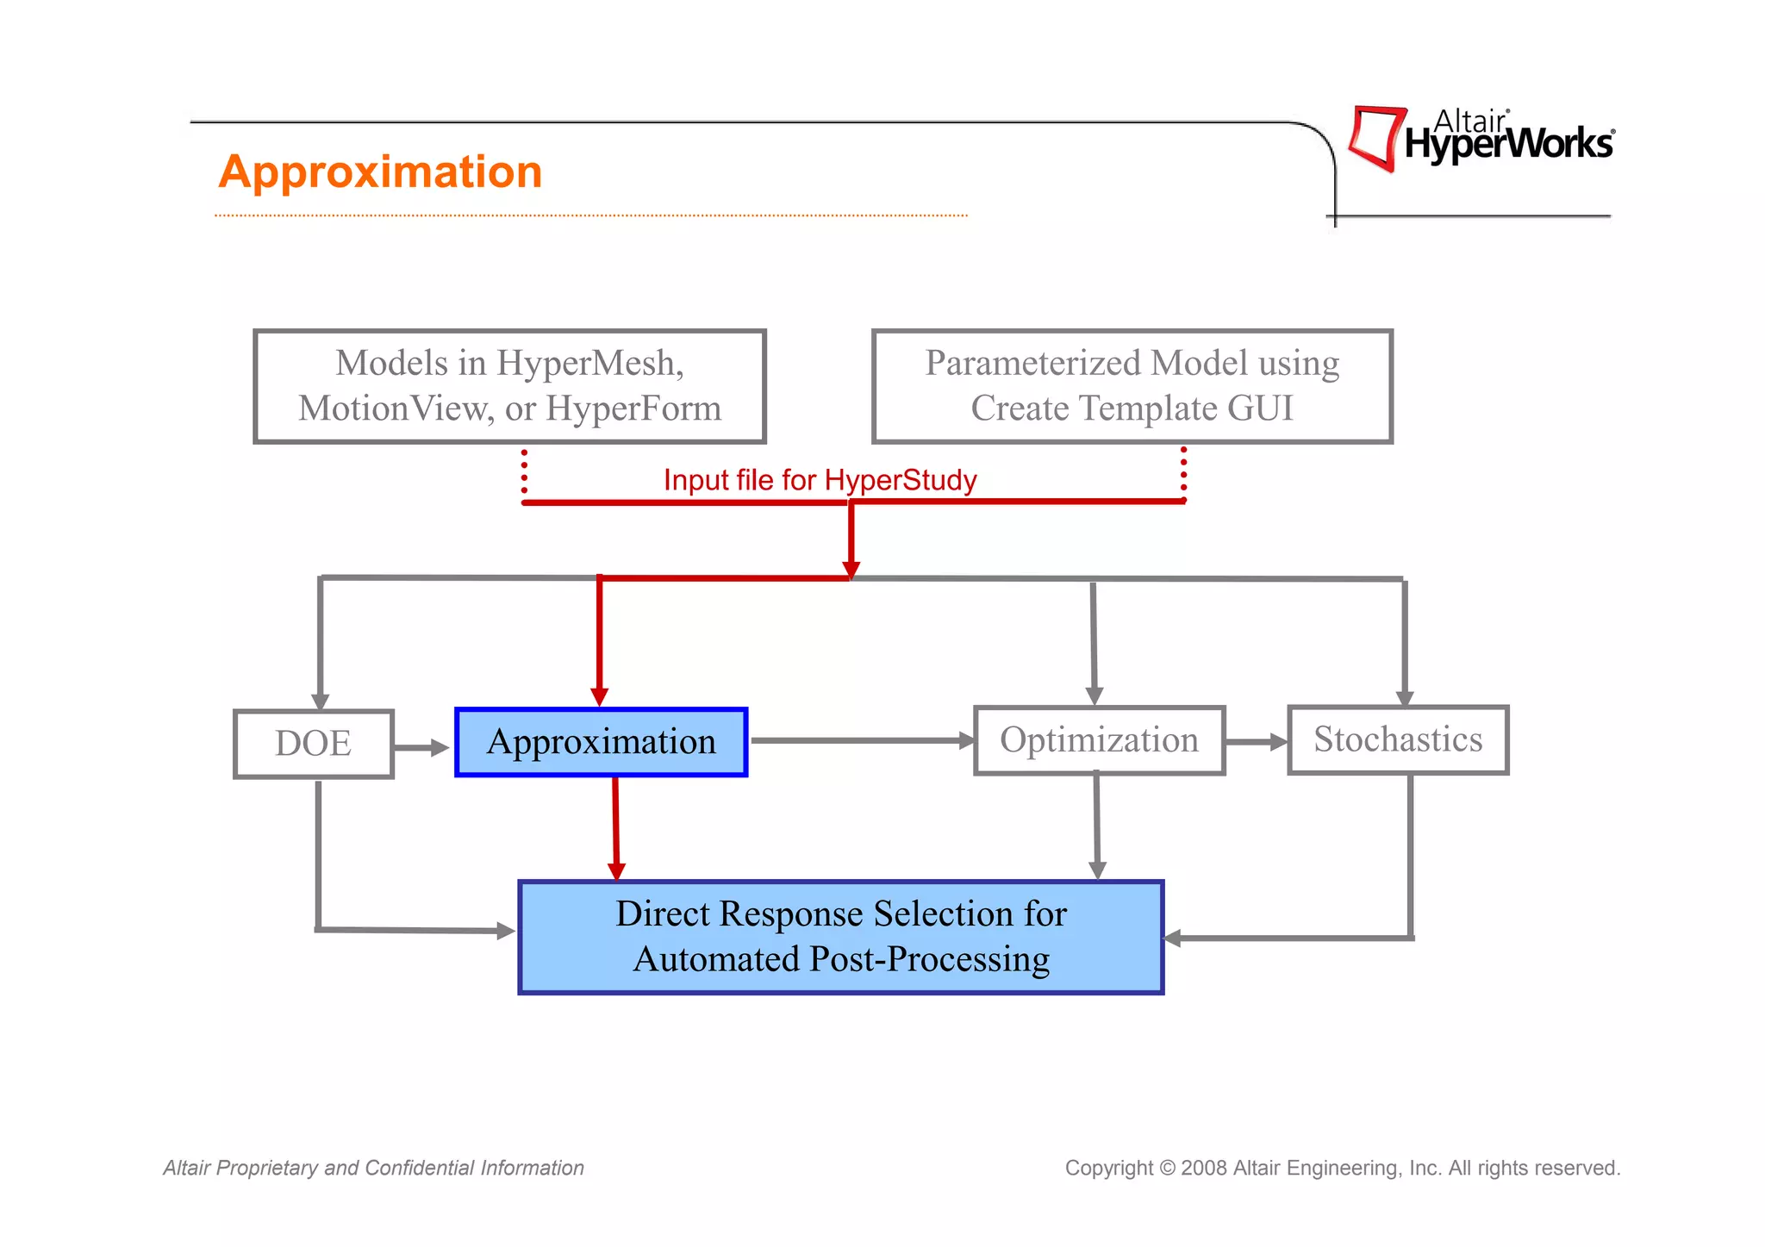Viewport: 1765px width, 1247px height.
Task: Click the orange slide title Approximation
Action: pyautogui.click(x=380, y=171)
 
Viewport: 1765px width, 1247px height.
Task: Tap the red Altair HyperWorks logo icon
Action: pyautogui.click(x=1376, y=138)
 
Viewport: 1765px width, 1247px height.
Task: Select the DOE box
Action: pyautogui.click(x=313, y=744)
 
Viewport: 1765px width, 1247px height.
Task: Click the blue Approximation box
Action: pyautogui.click(x=601, y=742)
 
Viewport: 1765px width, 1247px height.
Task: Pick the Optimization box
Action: pyautogui.click(x=1099, y=740)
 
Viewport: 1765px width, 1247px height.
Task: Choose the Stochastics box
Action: pyautogui.click(x=1397, y=739)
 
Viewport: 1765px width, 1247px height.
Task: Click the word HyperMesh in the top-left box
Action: pyautogui.click(x=589, y=364)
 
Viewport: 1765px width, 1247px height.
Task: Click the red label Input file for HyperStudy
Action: pyautogui.click(x=820, y=480)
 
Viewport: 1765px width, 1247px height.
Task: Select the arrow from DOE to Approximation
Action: pyautogui.click(x=421, y=747)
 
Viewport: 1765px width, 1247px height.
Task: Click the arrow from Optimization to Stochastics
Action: pyautogui.click(x=1256, y=742)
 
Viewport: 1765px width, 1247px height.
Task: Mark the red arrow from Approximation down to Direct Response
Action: pyautogui.click(x=615, y=827)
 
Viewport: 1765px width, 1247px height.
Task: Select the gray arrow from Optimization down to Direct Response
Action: pyautogui.click(x=1096, y=826)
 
